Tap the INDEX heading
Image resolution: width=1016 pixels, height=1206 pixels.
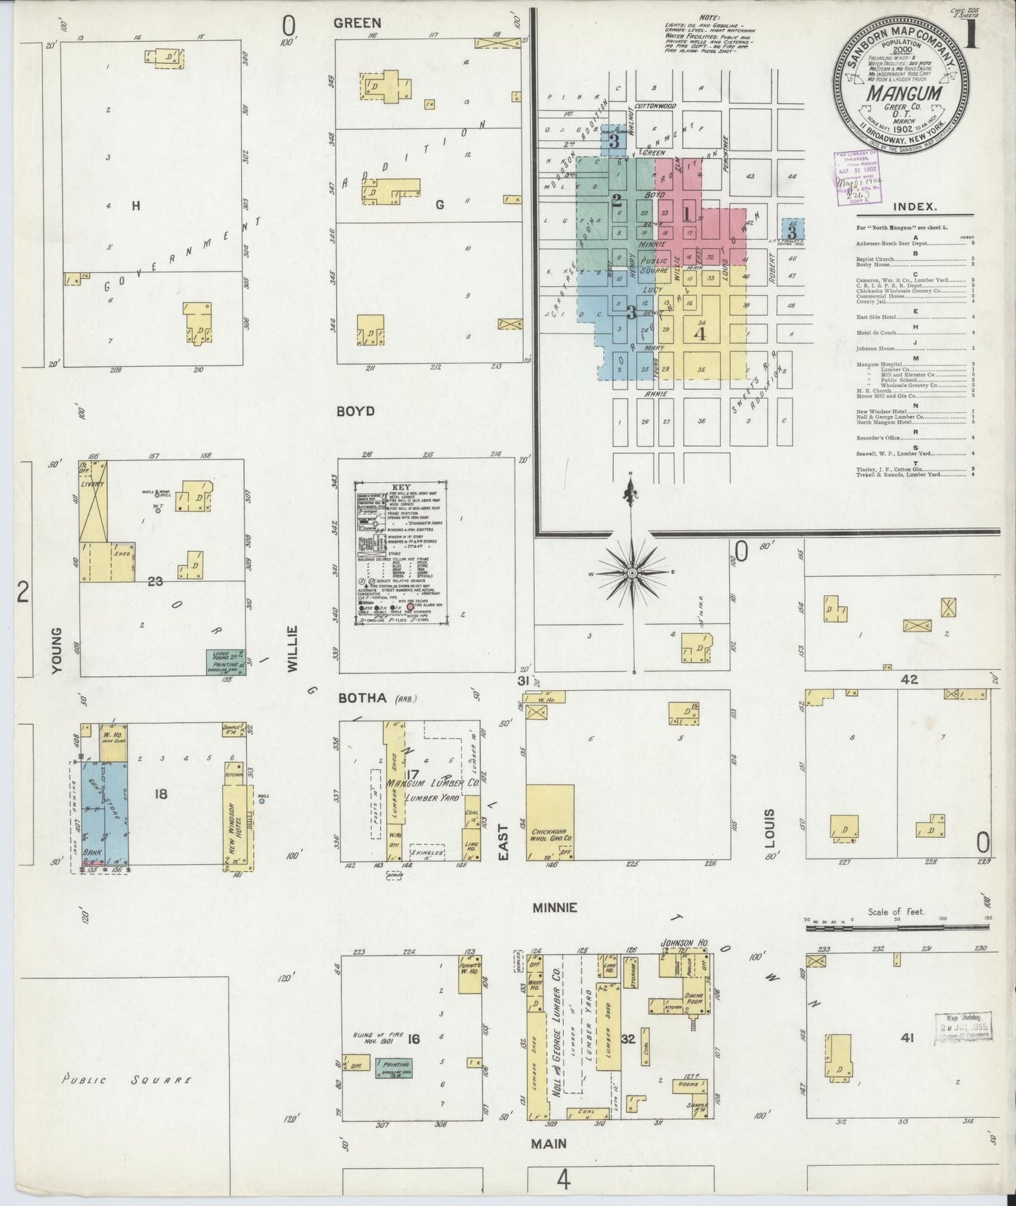tap(915, 207)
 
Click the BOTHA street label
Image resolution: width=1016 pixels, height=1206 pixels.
tap(362, 698)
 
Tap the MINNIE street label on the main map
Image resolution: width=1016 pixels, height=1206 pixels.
tap(554, 908)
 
